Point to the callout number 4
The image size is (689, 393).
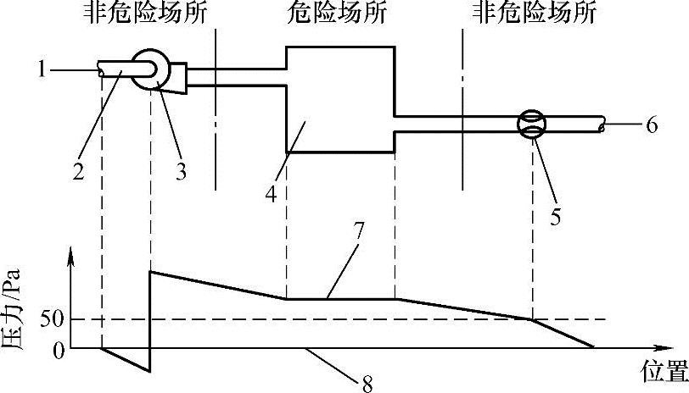point(271,193)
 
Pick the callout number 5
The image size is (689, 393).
point(555,217)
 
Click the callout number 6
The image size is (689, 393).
point(652,127)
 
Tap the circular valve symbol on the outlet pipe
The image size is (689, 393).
point(532,125)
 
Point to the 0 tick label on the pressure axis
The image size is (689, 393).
point(58,349)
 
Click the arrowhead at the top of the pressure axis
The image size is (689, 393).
point(72,252)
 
